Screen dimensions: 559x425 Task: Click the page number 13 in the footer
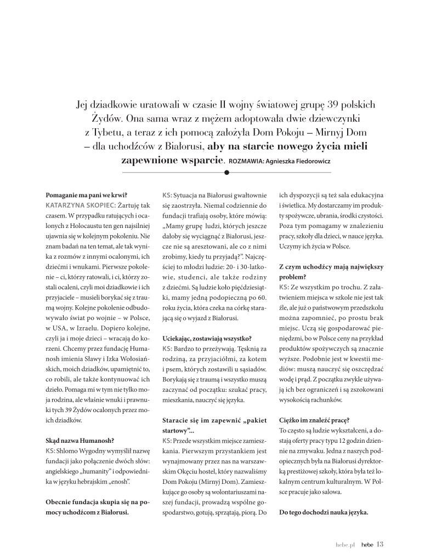click(x=379, y=544)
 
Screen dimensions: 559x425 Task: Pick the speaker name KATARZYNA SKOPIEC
click(x=76, y=204)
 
